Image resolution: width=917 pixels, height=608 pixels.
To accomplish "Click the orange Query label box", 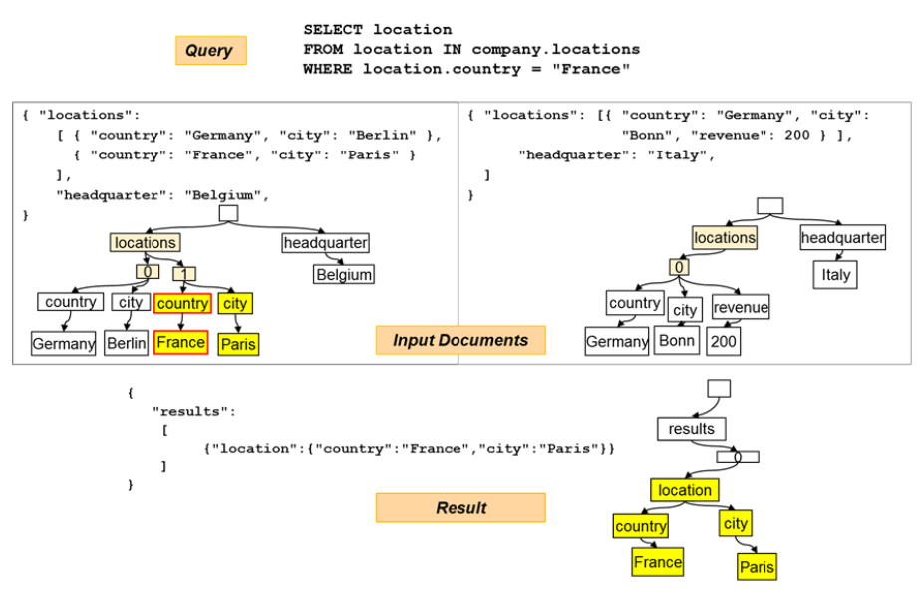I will pos(210,51).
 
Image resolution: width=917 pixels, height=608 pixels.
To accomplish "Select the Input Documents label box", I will pos(460,340).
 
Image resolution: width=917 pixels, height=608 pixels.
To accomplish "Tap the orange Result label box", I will pos(460,508).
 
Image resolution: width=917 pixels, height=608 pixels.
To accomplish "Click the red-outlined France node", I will pos(180,343).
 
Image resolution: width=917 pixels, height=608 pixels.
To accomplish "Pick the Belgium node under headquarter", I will pos(344,274).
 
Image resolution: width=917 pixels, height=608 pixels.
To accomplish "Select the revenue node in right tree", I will pos(741,308).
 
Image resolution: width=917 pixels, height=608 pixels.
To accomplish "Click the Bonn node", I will pos(677,341).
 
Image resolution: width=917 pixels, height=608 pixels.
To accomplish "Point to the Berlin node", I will pos(126,343).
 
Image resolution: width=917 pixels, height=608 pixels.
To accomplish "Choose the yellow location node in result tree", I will pos(684,490).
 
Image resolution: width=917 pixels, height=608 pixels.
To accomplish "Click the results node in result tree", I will pos(691,429).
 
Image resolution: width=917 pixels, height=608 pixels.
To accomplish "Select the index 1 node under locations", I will pos(184,273).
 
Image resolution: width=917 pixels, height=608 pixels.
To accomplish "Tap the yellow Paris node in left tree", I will pos(238,344).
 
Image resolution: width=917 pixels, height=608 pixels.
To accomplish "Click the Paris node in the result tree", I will pos(756,567).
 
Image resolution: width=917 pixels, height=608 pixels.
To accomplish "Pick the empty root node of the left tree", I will pos(228,213).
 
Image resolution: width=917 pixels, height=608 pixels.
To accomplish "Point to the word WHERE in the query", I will pos(326,69).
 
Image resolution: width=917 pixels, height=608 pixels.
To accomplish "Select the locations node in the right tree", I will pos(724,238).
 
